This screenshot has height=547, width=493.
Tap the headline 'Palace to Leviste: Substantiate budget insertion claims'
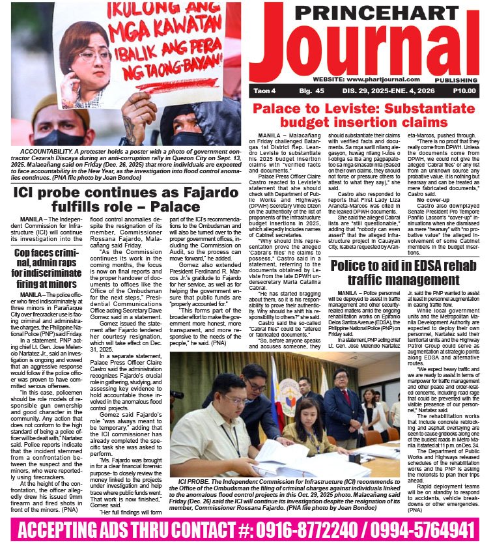[x=368, y=115]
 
